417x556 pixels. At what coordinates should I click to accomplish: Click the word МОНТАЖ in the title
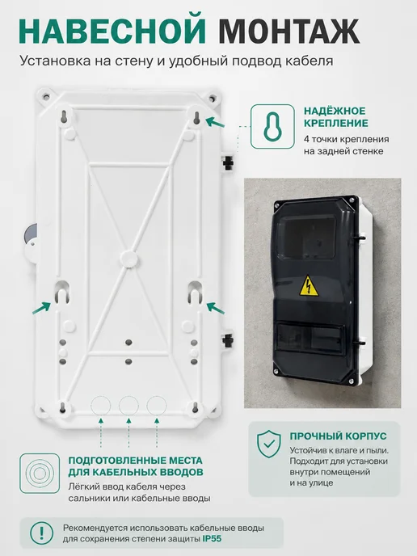289,32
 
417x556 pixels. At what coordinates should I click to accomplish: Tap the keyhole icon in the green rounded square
272,126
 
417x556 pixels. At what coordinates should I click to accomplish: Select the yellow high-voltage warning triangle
309,286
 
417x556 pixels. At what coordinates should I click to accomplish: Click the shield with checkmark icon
269,444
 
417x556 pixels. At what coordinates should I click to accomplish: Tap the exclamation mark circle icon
41,533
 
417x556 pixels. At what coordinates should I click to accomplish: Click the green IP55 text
212,538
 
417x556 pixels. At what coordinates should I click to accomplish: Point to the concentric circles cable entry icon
40,474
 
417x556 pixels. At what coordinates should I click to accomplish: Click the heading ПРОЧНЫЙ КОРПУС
338,436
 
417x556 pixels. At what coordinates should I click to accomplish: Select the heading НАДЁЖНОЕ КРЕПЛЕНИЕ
336,117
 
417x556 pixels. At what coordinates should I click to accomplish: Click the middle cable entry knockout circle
128,406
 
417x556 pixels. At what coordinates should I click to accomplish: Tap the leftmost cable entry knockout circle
101,406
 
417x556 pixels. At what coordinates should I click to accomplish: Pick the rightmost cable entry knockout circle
157,406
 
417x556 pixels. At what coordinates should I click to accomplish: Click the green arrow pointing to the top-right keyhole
215,122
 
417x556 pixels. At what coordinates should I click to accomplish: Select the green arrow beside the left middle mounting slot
41,308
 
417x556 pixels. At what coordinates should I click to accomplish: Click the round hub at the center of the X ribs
128,259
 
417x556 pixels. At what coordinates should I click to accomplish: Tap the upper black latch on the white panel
228,162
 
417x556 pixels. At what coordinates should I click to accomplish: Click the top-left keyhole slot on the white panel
64,117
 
